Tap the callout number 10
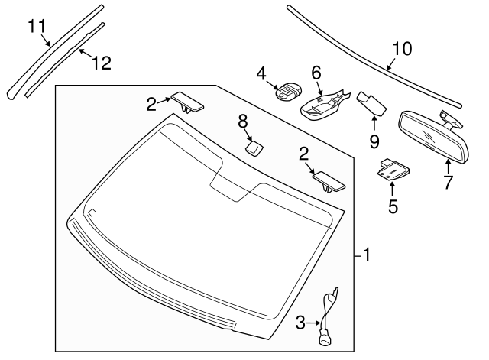[401, 50]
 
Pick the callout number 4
[262, 73]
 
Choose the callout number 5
[392, 206]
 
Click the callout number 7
[449, 182]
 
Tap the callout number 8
[243, 120]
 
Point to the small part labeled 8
[254, 146]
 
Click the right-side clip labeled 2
[329, 181]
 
